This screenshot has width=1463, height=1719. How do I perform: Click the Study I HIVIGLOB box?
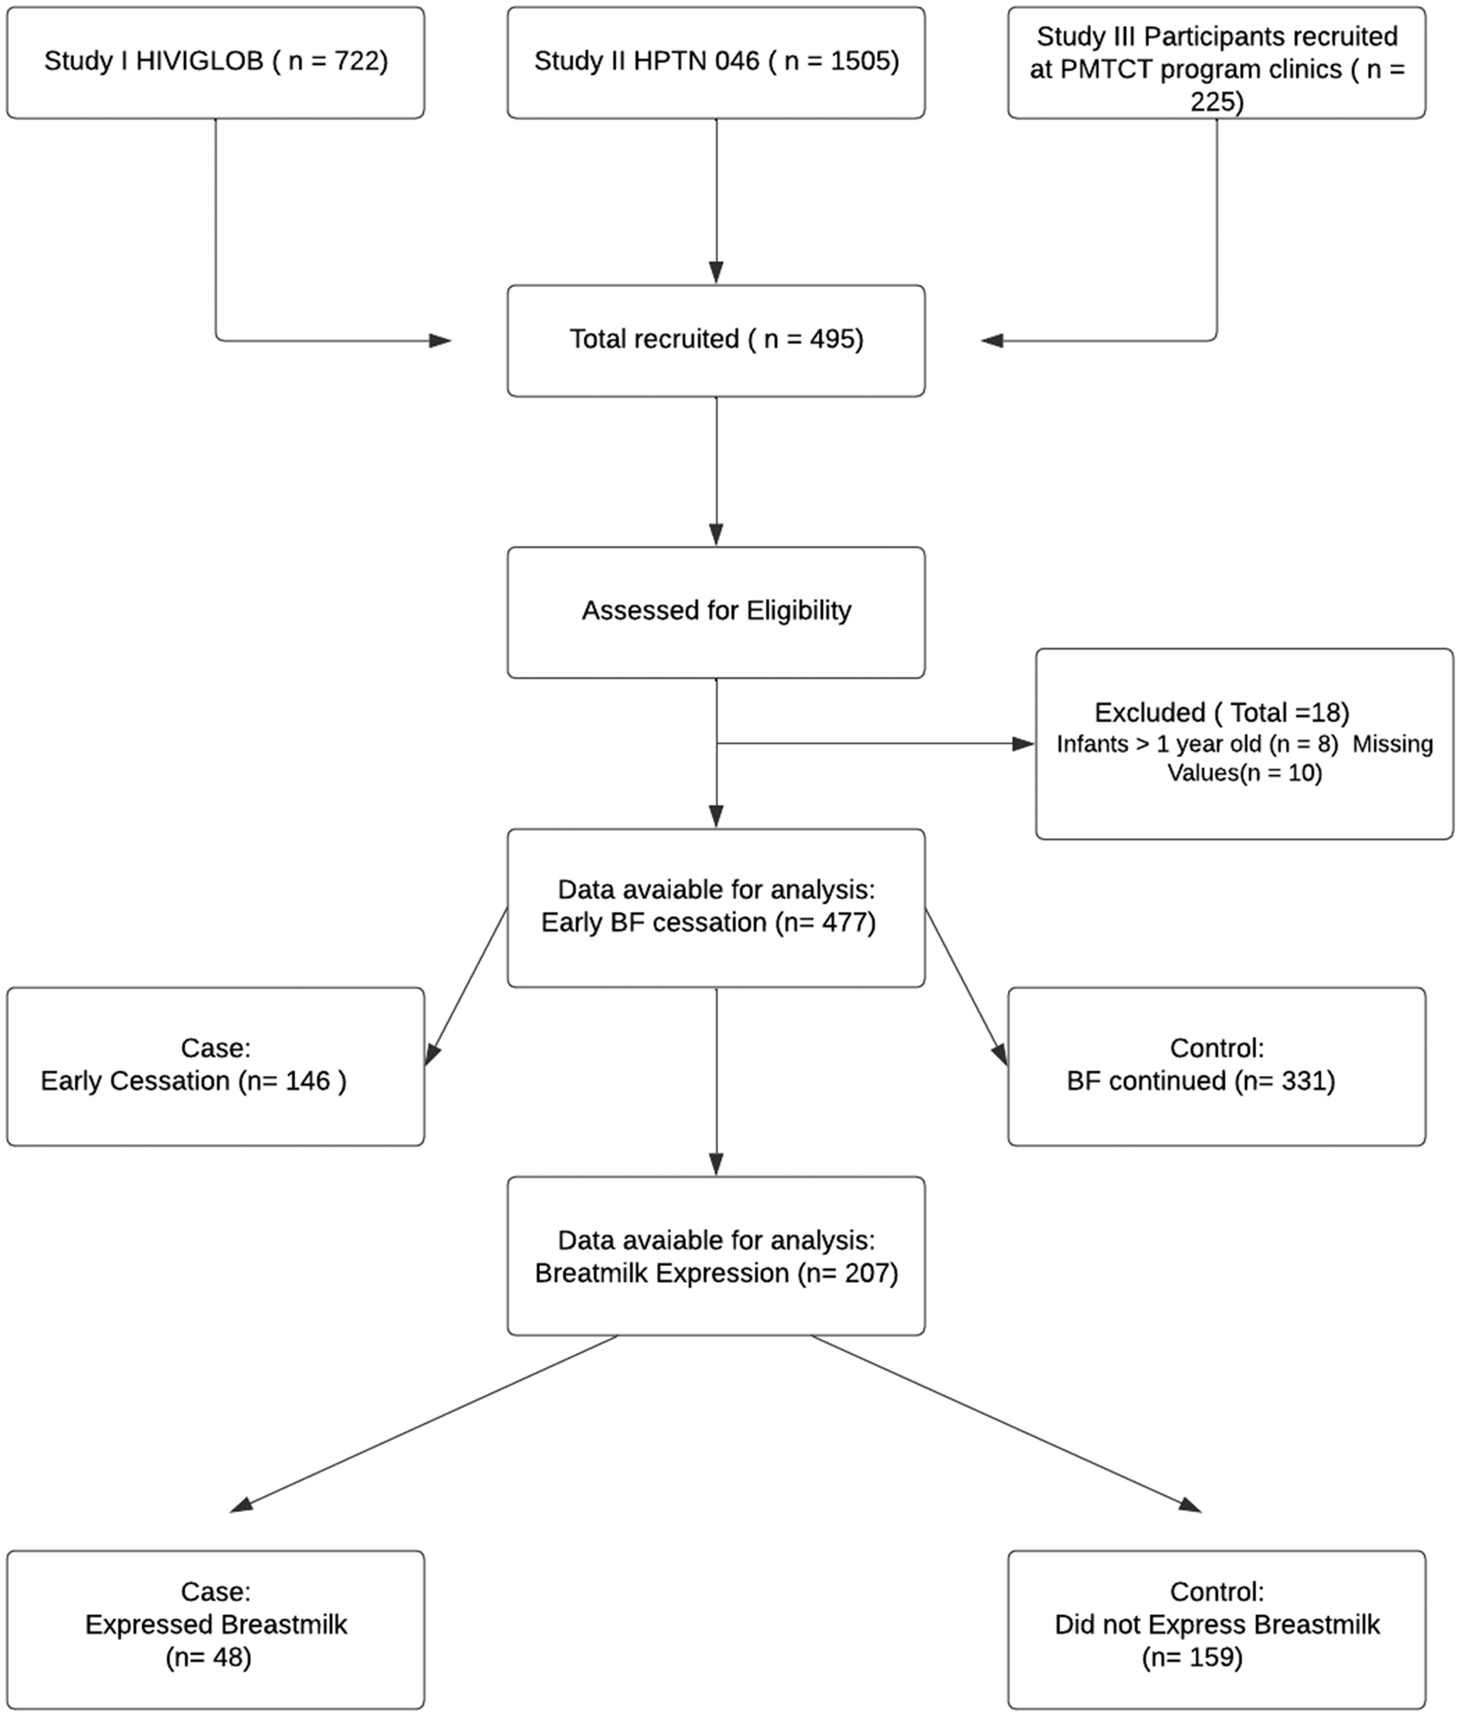click(216, 63)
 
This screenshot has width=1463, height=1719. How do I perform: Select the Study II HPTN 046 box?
click(716, 63)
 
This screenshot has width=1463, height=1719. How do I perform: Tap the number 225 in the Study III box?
click(1216, 101)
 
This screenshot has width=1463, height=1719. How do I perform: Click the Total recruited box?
click(716, 341)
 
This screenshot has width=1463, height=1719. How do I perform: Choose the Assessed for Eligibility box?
click(716, 612)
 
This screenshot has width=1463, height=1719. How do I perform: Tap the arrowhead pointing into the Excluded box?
click(1024, 744)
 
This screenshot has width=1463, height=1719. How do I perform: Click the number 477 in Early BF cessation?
click(845, 922)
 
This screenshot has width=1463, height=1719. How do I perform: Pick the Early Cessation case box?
click(216, 1067)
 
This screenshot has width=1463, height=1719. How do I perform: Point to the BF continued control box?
click(1216, 1067)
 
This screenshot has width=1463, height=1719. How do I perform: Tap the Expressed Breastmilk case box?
click(216, 1630)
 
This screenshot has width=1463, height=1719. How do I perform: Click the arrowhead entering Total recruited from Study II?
click(716, 273)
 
